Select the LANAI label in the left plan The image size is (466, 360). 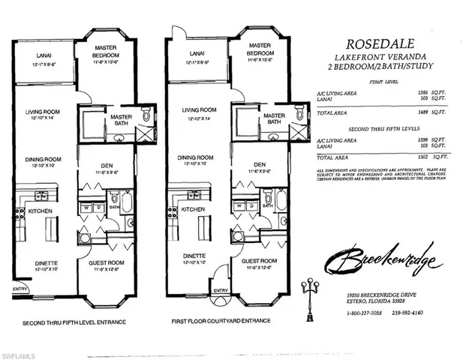(44, 55)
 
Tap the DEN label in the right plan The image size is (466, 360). (260, 164)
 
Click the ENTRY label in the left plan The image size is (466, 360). (19, 287)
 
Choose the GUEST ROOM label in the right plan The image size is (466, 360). (260, 262)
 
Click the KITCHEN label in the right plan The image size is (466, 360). (193, 209)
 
